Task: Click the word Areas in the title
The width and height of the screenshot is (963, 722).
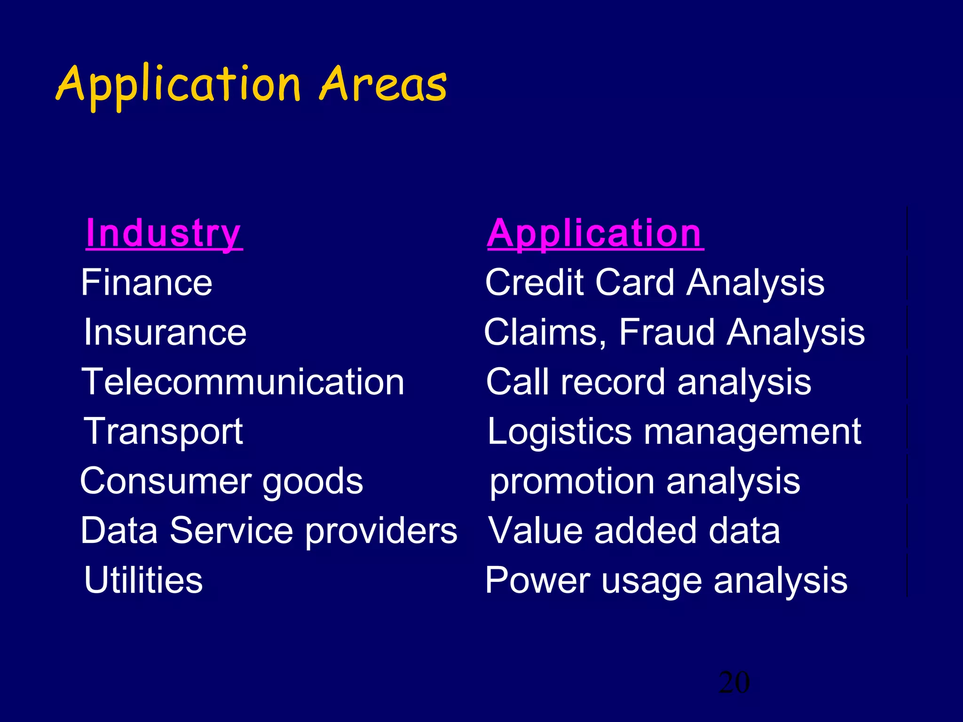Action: [x=383, y=85]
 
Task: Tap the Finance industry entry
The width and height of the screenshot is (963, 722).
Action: [x=147, y=283]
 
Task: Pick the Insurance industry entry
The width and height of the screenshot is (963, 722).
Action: [x=165, y=332]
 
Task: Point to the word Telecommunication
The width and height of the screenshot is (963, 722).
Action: [x=243, y=382]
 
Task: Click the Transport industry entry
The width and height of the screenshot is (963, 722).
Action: [x=163, y=432]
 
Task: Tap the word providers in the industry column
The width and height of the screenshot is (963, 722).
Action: [x=381, y=531]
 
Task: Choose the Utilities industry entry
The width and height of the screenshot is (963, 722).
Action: [x=143, y=580]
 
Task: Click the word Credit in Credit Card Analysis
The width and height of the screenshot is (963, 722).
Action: [x=535, y=283]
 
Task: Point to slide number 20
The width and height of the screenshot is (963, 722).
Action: [x=734, y=683]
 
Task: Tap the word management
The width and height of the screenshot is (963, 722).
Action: [x=752, y=432]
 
